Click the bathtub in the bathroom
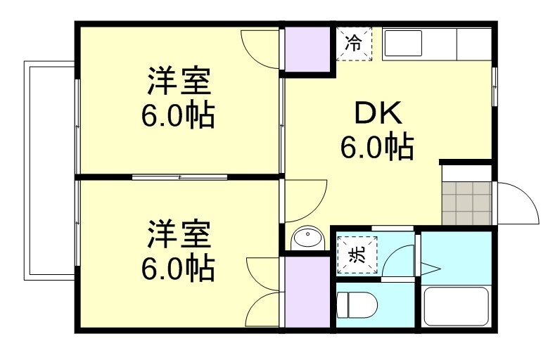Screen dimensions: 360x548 pos(456,306)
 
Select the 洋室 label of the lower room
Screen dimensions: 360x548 pos(179,234)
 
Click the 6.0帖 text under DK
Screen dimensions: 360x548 pos(376,148)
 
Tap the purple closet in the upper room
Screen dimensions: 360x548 pos(306,49)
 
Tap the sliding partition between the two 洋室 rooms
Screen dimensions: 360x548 pos(179,176)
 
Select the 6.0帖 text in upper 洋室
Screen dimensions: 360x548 pos(179,115)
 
